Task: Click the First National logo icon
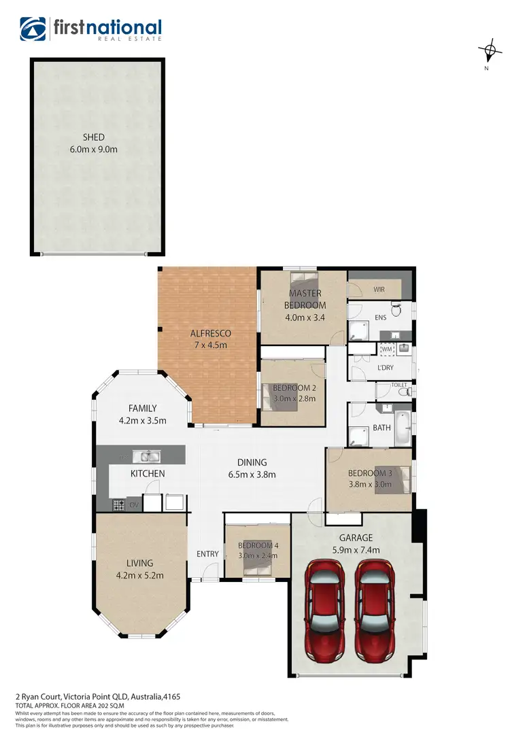tap(33, 29)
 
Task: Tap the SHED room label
tap(94, 137)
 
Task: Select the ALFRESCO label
tap(211, 333)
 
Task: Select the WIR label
tap(379, 290)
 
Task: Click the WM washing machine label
tap(386, 349)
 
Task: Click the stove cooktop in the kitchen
tap(118, 505)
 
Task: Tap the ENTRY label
tap(207, 554)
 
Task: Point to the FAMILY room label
tap(143, 409)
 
